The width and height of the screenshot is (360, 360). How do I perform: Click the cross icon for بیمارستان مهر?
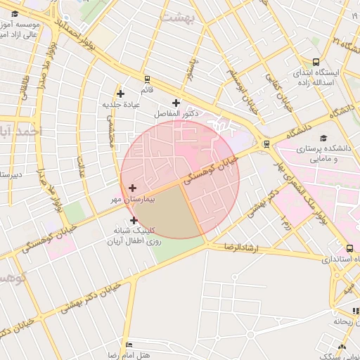[132, 188]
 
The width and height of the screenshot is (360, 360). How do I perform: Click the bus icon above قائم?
[147, 79]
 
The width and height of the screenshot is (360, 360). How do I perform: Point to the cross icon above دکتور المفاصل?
[176, 103]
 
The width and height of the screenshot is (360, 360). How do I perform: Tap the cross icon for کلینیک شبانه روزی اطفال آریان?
[134, 221]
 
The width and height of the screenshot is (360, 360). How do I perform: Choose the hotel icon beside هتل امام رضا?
[128, 345]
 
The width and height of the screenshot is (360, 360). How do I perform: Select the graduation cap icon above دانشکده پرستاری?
[323, 138]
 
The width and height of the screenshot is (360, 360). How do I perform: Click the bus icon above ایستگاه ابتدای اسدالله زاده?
[316, 61]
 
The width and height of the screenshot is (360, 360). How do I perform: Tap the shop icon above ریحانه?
[355, 311]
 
